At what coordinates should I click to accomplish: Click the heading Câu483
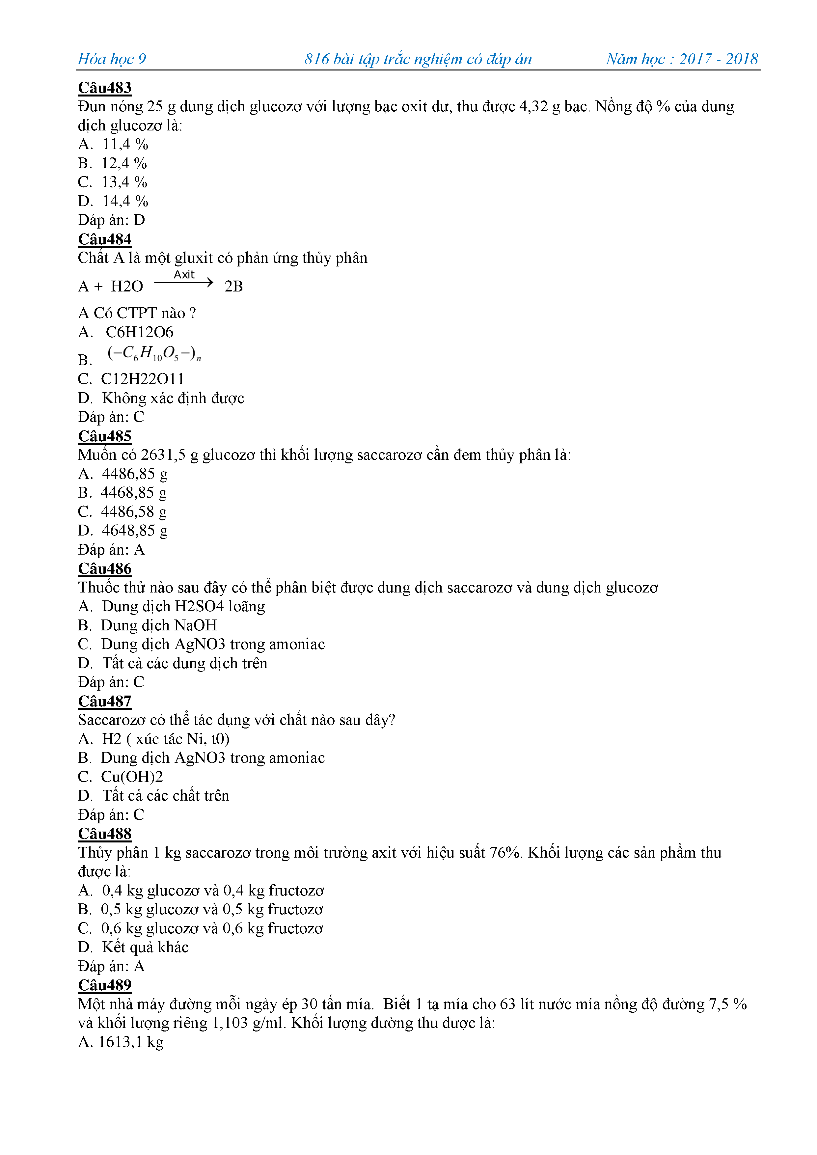(105, 88)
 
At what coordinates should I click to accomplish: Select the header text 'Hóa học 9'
(112, 59)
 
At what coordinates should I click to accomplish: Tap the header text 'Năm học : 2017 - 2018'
(682, 59)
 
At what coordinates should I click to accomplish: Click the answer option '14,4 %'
(125, 201)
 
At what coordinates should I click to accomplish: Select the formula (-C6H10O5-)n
(154, 354)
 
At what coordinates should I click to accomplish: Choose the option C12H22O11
(142, 379)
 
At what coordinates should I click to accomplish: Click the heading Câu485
(105, 436)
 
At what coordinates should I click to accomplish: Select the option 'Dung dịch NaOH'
(159, 625)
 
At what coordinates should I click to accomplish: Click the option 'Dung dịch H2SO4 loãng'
(183, 607)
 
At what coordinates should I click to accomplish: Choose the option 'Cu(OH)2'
(132, 777)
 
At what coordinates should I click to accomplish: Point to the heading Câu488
(105, 834)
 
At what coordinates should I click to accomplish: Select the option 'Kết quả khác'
(145, 947)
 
